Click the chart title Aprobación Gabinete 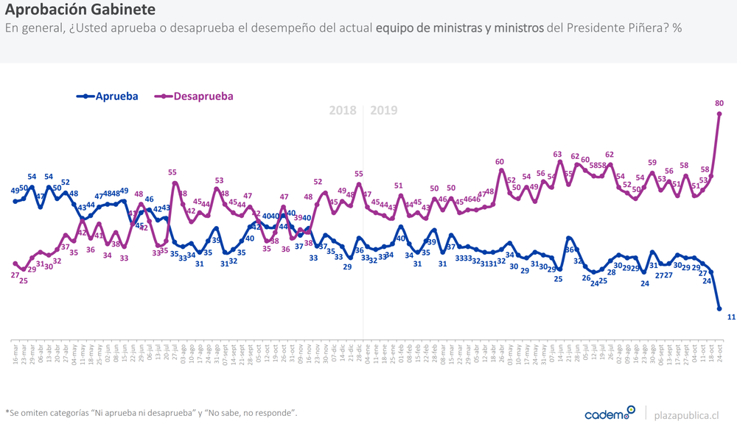[80, 10]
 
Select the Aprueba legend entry [111, 96]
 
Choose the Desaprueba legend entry [196, 96]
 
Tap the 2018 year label [343, 110]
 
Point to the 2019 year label [383, 110]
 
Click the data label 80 [719, 104]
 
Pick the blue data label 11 [731, 317]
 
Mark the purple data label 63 [558, 154]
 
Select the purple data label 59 [652, 162]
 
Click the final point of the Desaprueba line [719, 113]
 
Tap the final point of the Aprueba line [719, 309]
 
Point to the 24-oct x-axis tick [719, 353]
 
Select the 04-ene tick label [366, 353]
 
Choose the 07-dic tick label [332, 353]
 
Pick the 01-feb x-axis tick [401, 353]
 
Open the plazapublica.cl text [686, 415]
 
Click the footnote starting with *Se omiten [151, 413]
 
